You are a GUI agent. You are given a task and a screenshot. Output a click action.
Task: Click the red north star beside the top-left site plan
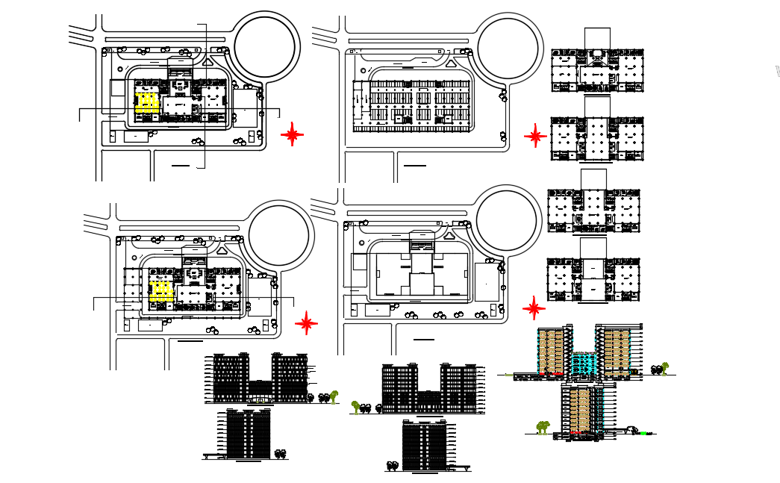coord(292,134)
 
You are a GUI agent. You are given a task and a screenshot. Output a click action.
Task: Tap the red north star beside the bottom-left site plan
coord(306,323)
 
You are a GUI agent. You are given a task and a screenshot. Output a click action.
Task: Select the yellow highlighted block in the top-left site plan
coord(147,103)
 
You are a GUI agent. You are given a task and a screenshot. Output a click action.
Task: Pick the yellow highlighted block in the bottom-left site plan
coord(161,291)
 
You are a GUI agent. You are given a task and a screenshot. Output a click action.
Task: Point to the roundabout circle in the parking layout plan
coord(508,49)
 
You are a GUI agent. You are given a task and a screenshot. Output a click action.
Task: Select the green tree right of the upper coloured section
coord(663,367)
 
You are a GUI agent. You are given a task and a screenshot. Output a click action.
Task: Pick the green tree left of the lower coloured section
coord(543,427)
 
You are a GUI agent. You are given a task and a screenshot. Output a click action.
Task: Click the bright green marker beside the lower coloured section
coord(643,433)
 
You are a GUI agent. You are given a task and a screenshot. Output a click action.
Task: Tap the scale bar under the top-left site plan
coord(181,163)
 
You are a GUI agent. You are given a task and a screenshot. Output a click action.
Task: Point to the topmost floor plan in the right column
coord(596,71)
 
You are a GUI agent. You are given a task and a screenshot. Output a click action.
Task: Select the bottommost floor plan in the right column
coord(595,280)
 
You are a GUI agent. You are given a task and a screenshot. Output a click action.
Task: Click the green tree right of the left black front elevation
coord(334,396)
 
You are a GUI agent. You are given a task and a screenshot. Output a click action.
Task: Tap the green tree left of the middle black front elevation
coord(355,406)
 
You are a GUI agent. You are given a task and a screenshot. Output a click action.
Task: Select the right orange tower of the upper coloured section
coord(617,351)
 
